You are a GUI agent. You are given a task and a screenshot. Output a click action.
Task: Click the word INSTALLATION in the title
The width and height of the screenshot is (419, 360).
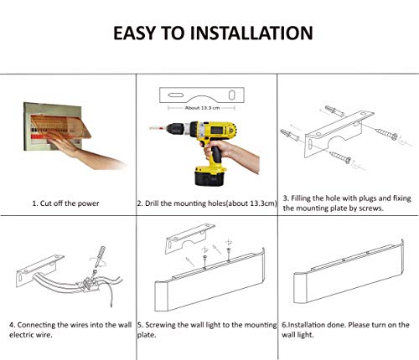click(x=251, y=33)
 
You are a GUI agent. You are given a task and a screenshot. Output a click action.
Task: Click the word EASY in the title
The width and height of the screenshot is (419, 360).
click(x=134, y=33)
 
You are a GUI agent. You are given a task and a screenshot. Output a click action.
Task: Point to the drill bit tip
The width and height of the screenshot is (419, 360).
click(x=150, y=128)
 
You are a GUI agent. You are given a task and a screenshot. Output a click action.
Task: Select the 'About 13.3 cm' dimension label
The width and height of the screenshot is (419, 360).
click(x=202, y=108)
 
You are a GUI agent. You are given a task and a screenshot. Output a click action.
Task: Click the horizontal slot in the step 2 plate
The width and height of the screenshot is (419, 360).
click(x=175, y=95)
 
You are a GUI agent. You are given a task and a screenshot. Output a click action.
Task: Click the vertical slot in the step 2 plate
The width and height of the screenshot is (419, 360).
click(x=231, y=95)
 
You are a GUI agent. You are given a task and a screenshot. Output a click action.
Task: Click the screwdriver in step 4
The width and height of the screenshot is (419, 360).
click(x=98, y=259)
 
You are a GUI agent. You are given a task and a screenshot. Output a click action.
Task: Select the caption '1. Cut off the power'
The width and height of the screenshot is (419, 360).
click(x=65, y=203)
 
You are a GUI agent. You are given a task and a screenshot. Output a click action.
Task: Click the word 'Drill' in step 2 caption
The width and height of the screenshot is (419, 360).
click(x=152, y=203)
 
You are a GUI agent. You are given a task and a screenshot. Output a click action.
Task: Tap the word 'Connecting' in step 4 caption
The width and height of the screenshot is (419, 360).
click(x=36, y=325)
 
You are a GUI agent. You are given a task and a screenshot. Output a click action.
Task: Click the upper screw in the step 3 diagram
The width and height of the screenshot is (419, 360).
click(x=386, y=134)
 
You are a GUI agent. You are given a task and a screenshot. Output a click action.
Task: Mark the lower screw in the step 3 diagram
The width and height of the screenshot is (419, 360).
click(x=340, y=157)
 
